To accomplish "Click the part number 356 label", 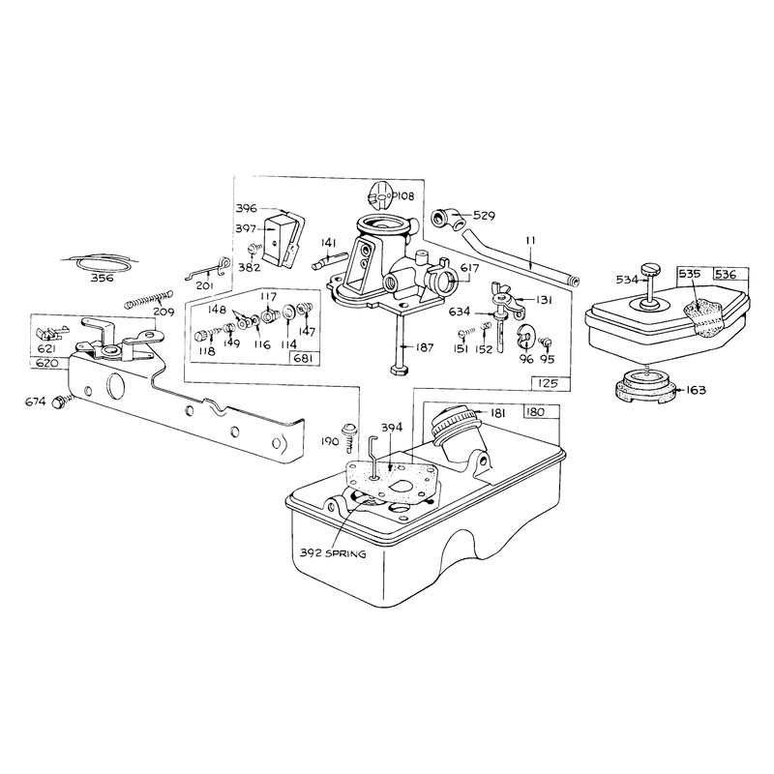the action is click(x=103, y=278).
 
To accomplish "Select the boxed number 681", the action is click(x=303, y=359).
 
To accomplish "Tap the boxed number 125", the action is click(x=548, y=383).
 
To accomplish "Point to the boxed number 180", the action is click(x=536, y=412).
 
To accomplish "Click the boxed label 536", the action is click(x=726, y=274).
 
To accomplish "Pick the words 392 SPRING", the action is click(x=333, y=553).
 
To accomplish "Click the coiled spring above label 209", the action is click(x=149, y=298).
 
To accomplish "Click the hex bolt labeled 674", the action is click(x=59, y=402).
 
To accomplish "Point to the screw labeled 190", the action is click(x=349, y=435).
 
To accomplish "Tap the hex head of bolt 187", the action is click(x=399, y=371).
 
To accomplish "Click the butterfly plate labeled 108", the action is click(x=380, y=196).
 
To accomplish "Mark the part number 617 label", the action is click(x=469, y=268).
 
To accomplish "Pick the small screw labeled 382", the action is click(x=253, y=250).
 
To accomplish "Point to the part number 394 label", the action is click(x=392, y=427).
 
